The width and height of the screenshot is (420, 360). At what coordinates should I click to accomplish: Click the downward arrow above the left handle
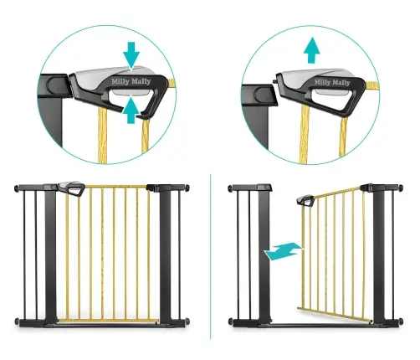[131, 54]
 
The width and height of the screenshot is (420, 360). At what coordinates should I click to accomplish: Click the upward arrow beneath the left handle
[131, 111]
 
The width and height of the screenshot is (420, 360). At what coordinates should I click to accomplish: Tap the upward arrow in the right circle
[312, 50]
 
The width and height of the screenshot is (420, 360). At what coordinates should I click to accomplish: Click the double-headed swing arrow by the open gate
[284, 251]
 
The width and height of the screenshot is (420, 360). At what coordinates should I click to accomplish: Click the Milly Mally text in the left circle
[131, 81]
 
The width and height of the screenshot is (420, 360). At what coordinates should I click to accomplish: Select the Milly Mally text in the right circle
[332, 82]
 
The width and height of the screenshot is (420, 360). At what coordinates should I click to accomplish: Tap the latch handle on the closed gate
[72, 188]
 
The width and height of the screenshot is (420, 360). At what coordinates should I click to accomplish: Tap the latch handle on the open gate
[305, 200]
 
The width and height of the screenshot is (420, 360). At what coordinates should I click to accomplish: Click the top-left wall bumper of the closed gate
[17, 188]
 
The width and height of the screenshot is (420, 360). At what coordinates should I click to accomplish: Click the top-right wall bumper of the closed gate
[187, 188]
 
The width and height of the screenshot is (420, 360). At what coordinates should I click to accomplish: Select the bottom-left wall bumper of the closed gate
[17, 321]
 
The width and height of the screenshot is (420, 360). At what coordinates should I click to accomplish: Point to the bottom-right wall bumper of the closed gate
[187, 321]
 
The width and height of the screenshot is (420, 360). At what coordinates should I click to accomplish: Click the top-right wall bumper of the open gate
[401, 188]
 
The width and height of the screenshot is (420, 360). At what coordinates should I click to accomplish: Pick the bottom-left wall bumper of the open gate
[231, 321]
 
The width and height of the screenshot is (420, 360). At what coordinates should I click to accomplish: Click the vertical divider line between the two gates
[211, 256]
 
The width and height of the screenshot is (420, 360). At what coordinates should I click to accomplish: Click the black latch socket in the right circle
[260, 95]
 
